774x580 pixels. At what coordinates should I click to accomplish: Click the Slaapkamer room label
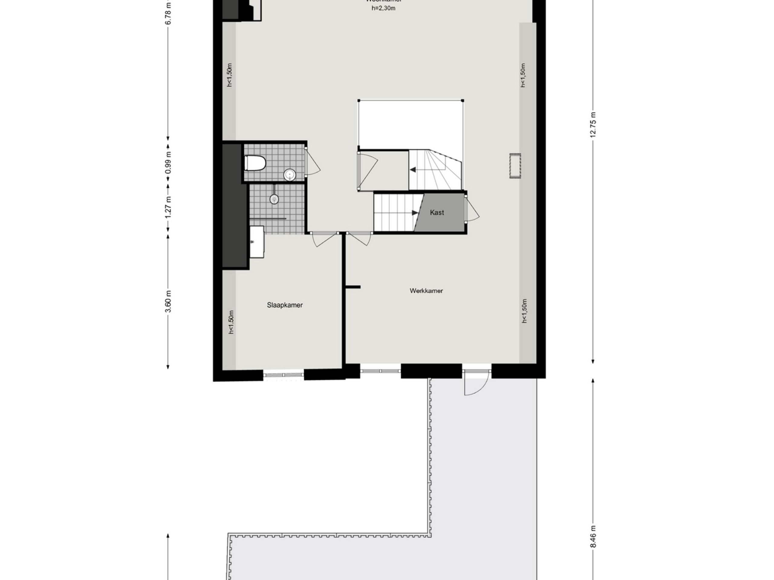click(x=285, y=305)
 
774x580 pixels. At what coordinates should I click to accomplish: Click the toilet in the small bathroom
click(x=255, y=163)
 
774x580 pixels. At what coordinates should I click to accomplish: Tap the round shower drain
click(x=274, y=199)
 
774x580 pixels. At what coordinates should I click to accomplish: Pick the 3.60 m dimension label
click(x=168, y=301)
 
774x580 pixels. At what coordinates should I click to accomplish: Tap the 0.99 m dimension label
click(x=168, y=162)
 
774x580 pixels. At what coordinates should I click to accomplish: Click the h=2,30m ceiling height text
click(x=383, y=8)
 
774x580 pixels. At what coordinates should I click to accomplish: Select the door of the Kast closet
click(x=471, y=209)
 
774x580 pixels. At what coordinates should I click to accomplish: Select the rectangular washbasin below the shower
click(x=257, y=242)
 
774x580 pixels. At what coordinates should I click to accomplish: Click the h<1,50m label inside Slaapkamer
click(x=231, y=322)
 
